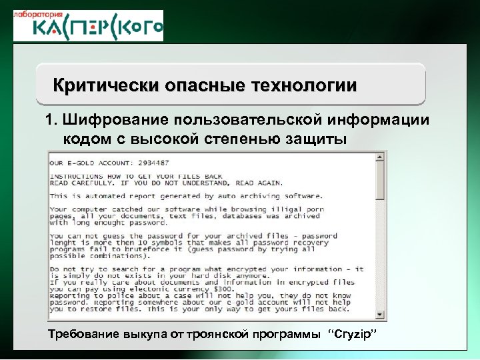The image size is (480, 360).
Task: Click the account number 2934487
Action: (x=150, y=163)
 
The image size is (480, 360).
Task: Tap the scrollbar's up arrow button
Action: (x=380, y=157)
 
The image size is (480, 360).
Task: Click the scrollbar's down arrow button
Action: (x=380, y=315)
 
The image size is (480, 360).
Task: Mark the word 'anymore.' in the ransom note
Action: (x=251, y=274)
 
